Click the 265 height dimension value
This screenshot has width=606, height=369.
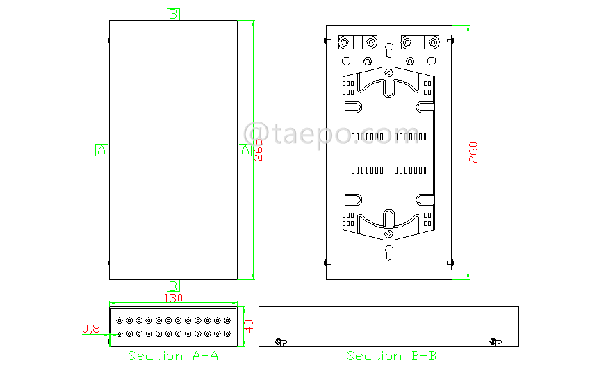(x=258, y=149)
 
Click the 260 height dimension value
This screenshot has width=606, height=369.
(x=474, y=152)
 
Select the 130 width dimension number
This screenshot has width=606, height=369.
(x=173, y=298)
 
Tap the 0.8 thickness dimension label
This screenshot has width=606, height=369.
(x=91, y=329)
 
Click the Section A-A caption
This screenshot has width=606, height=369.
(x=173, y=356)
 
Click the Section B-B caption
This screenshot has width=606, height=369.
(x=392, y=356)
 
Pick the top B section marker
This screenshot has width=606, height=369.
(x=174, y=14)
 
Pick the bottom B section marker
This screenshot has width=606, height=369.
(x=174, y=286)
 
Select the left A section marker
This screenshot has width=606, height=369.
(x=101, y=149)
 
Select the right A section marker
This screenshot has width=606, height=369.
(x=245, y=149)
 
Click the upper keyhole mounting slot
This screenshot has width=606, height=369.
(x=389, y=49)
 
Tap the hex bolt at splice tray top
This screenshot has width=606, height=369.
(x=389, y=72)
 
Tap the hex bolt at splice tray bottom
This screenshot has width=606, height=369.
(x=389, y=233)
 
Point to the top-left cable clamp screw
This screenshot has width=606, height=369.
(x=344, y=43)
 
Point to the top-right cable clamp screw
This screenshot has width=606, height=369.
(x=434, y=43)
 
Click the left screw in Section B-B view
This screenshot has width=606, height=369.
(x=279, y=341)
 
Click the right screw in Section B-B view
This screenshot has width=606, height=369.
(x=493, y=341)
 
